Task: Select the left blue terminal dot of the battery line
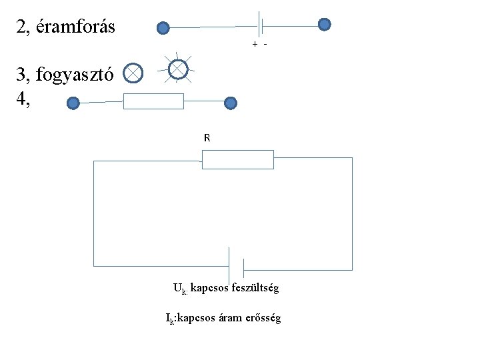[x=163, y=28]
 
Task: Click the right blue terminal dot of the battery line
[x=324, y=25]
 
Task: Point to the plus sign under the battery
[x=254, y=44]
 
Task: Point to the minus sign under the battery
[x=265, y=44]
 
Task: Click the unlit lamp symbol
[x=133, y=73]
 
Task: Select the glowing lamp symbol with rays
[x=178, y=69]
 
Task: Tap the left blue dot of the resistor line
[x=73, y=103]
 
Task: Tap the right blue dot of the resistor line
[x=230, y=103]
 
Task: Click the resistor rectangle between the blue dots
[x=153, y=101]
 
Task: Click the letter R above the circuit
[x=207, y=138]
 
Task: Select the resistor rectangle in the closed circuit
[x=238, y=160]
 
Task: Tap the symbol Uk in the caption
[x=179, y=289]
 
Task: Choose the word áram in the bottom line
[x=233, y=318]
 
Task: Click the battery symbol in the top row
[x=261, y=26]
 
